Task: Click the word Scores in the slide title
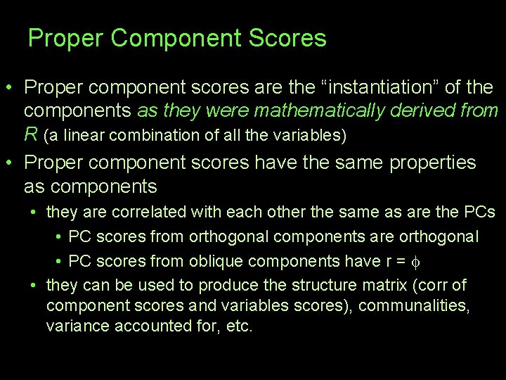(x=292, y=38)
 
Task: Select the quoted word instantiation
(x=379, y=89)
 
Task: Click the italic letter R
(x=30, y=133)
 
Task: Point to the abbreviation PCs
(x=479, y=212)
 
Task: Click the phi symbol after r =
(x=413, y=262)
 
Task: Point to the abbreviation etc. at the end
(x=238, y=327)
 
